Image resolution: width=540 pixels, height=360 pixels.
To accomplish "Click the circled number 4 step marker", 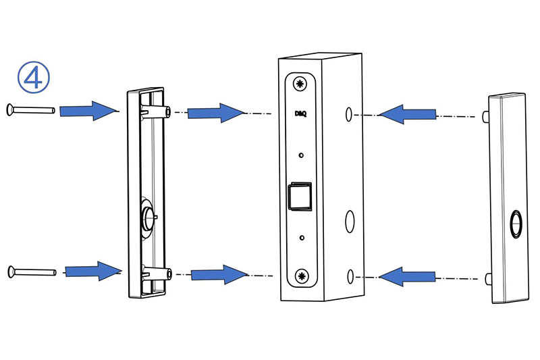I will click(33, 78).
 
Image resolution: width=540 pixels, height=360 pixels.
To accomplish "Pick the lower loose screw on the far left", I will click(32, 272).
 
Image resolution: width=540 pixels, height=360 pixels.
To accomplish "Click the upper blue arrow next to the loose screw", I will click(88, 110).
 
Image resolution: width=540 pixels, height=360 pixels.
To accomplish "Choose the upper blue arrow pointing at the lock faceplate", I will click(215, 112).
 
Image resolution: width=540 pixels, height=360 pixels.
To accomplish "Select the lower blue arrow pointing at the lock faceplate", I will click(217, 274).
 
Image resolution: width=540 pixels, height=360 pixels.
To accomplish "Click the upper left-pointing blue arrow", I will click(408, 115).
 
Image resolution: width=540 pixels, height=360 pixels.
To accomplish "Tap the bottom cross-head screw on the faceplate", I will click(302, 276).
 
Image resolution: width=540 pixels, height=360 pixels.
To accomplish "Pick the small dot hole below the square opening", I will click(302, 238).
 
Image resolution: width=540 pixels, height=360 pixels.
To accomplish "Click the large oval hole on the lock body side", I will click(350, 220).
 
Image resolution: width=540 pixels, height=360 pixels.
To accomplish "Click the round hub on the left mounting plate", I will click(148, 217).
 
